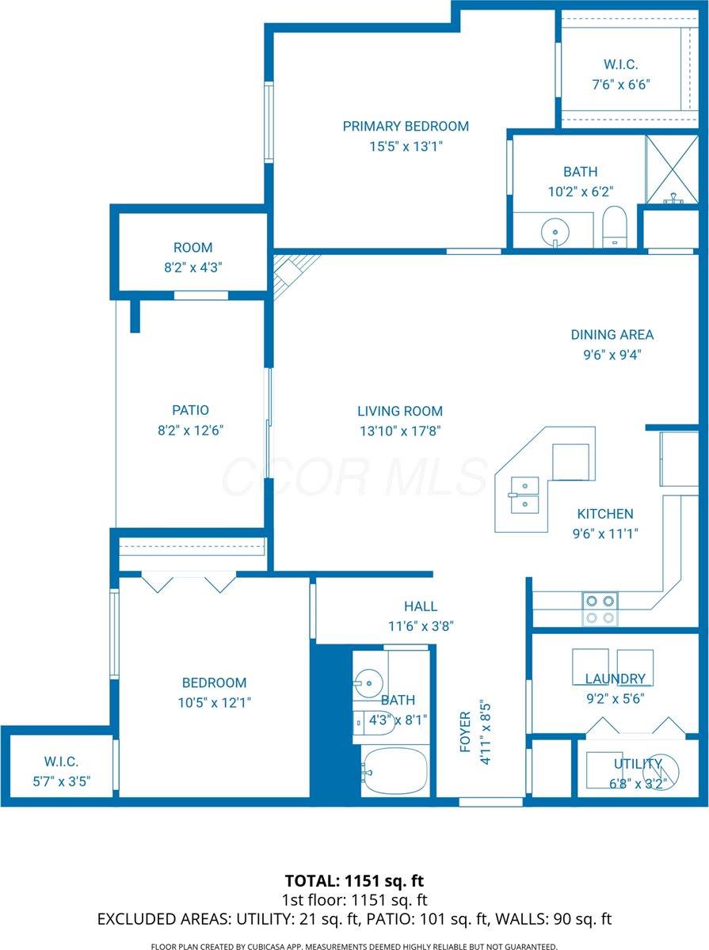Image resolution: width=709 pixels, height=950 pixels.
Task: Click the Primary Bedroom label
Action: pos(406,126)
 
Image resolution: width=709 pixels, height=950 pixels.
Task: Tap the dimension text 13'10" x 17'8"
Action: pos(399,431)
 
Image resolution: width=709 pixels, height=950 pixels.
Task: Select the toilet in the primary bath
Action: pos(615,226)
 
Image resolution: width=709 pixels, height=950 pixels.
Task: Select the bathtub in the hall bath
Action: pos(395,770)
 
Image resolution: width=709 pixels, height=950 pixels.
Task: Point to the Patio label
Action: pos(190,410)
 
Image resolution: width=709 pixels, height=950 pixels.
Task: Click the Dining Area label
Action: pos(612,335)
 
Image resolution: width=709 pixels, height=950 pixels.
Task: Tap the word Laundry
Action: pos(615,678)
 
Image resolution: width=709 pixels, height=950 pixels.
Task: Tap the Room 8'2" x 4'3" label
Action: pos(192,257)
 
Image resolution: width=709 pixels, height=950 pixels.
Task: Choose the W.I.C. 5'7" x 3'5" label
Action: pos(61,771)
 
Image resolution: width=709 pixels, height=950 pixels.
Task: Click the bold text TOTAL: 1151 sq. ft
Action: pos(354,880)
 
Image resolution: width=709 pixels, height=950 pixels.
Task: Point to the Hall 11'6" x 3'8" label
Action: pos(420,615)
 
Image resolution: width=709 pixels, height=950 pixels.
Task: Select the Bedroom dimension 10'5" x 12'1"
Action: pos(214,701)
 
